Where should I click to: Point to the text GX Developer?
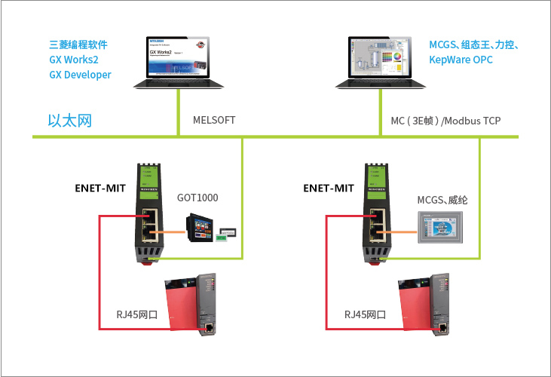pyautogui.click(x=80, y=75)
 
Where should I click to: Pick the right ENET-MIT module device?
pyautogui.click(x=375, y=213)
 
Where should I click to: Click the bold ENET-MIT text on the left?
pyautogui.click(x=100, y=187)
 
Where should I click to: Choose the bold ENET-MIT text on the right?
pyautogui.click(x=329, y=187)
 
